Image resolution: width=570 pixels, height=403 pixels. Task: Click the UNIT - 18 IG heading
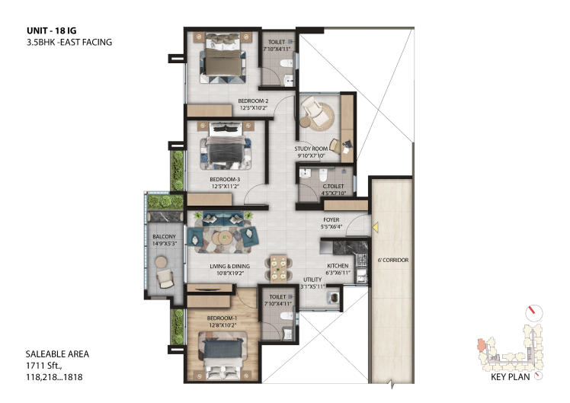(x=52, y=30)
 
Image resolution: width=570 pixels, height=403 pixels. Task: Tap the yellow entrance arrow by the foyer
(x=376, y=227)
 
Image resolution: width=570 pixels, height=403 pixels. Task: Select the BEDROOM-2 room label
(x=253, y=101)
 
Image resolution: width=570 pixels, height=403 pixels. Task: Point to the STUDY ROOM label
(x=311, y=149)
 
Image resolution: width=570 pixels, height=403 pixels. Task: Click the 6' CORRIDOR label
(x=393, y=261)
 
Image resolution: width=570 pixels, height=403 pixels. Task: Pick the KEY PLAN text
(x=511, y=377)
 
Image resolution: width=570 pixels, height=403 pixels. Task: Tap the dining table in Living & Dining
(x=278, y=268)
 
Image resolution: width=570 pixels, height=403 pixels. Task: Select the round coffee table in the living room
(x=223, y=238)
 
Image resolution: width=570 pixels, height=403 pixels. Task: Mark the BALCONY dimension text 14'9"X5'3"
(x=165, y=244)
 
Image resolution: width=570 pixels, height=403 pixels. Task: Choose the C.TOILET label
(x=333, y=186)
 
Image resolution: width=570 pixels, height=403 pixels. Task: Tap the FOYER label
(x=331, y=220)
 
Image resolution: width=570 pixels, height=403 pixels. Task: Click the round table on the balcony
(x=161, y=261)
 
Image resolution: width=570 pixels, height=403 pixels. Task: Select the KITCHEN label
(x=338, y=266)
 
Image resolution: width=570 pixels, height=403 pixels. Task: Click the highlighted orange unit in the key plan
(x=481, y=345)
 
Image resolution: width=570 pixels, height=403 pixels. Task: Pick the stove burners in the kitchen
(x=362, y=260)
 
